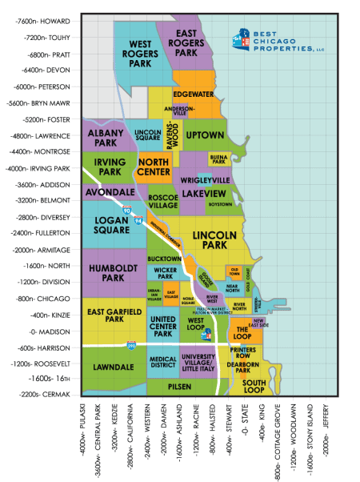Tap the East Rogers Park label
[x=186, y=42]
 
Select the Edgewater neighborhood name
[x=192, y=94]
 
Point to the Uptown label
[x=205, y=135]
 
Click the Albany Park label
[x=102, y=138]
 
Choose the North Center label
[x=154, y=167]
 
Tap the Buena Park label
[x=218, y=159]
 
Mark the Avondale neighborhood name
[x=110, y=192]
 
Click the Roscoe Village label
[x=163, y=201]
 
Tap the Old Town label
[x=235, y=271]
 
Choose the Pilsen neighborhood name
[x=179, y=385]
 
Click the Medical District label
[x=163, y=363]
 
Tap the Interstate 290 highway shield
[x=131, y=344]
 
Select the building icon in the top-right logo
[x=240, y=37]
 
